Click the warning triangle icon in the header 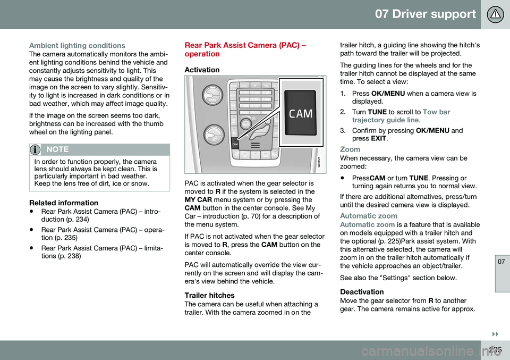[495, 14]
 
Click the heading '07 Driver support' [425, 14]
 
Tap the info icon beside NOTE [35, 150]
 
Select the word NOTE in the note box [57, 149]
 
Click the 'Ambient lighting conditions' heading [77, 46]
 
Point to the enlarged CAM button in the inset [301, 113]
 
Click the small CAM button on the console [235, 143]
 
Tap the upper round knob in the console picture [212, 95]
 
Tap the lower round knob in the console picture [214, 135]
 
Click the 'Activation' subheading [202, 70]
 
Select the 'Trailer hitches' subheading [209, 295]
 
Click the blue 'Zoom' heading [350, 149]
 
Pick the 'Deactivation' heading [362, 291]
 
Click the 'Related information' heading [64, 203]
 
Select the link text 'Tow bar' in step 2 [437, 112]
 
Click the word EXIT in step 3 [378, 138]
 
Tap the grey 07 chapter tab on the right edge [502, 273]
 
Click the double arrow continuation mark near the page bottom [495, 334]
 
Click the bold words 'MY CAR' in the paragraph [198, 200]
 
